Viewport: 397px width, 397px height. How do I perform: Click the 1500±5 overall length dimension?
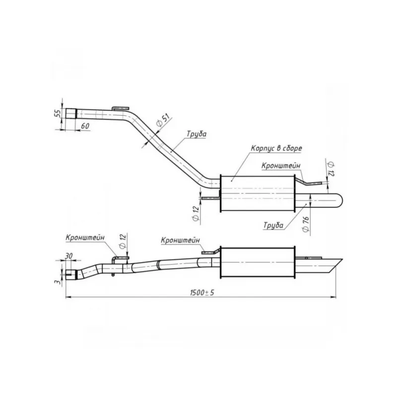pyautogui.click(x=202, y=293)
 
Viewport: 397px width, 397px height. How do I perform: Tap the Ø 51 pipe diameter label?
pyautogui.click(x=163, y=120)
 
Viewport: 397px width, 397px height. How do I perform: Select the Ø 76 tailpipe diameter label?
pyautogui.click(x=306, y=224)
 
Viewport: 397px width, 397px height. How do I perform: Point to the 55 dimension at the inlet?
pyautogui.click(x=58, y=113)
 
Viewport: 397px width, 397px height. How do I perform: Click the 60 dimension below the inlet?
pyautogui.click(x=85, y=126)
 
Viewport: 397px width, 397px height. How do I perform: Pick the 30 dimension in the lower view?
pyautogui.click(x=68, y=256)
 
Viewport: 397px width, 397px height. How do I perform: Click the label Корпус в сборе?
pyautogui.click(x=276, y=148)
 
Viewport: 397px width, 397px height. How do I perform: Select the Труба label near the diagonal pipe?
pyautogui.click(x=197, y=134)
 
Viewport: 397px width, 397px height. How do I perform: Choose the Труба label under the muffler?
pyautogui.click(x=273, y=225)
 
